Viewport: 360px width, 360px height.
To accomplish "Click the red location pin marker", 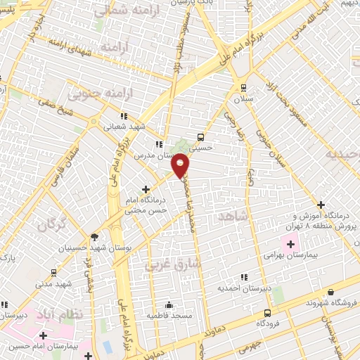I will (181, 165).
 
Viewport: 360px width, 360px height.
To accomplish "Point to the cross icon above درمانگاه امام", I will (146, 188).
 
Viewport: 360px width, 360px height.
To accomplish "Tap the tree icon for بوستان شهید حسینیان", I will (95, 236).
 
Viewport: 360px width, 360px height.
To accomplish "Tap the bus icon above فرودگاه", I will (267, 313).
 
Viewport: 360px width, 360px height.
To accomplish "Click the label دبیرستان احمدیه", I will (243, 288).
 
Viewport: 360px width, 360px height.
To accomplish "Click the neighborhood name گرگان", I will (51, 226).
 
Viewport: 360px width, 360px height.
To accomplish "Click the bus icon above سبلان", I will (244, 88).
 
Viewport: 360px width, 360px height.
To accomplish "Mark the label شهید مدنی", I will (55, 283).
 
